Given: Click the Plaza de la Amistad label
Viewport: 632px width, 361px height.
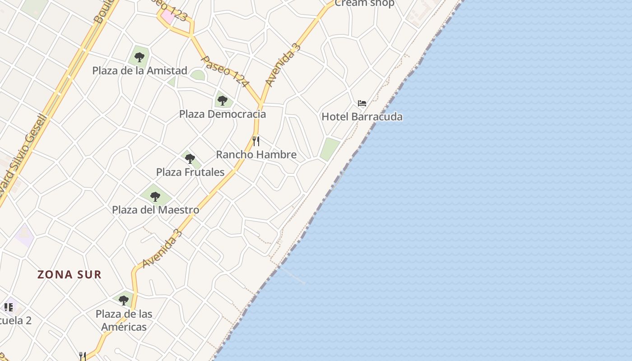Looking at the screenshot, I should click(x=139, y=70).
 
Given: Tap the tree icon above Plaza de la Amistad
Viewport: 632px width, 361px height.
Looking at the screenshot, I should click(x=139, y=57).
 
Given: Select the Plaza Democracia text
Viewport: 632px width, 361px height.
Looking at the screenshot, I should click(x=223, y=114).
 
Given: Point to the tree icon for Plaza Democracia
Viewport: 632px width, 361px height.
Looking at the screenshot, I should click(x=222, y=100).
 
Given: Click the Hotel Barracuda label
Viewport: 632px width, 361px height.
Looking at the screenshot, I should click(x=362, y=117).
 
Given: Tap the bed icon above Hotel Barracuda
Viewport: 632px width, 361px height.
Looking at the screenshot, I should click(x=362, y=103).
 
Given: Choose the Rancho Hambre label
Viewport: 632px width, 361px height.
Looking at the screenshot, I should click(x=256, y=154).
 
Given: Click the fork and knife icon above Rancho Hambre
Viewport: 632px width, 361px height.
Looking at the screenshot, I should click(x=256, y=141).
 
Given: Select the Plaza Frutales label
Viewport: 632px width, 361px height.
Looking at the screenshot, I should click(x=190, y=172).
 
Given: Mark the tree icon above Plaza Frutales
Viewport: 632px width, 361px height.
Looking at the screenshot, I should click(x=190, y=159).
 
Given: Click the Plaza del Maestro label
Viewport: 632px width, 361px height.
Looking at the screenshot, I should click(x=155, y=210).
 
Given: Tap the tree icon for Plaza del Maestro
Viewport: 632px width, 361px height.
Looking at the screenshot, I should click(x=155, y=197).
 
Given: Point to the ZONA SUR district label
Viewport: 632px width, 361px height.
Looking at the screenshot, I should click(x=70, y=274).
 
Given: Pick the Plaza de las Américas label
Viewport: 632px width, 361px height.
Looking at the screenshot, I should click(x=124, y=320).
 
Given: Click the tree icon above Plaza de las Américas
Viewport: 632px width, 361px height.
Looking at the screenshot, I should click(x=123, y=300).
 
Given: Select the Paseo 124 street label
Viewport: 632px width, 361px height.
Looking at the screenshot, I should click(x=225, y=71).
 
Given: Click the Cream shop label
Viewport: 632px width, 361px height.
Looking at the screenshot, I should click(x=364, y=4).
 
